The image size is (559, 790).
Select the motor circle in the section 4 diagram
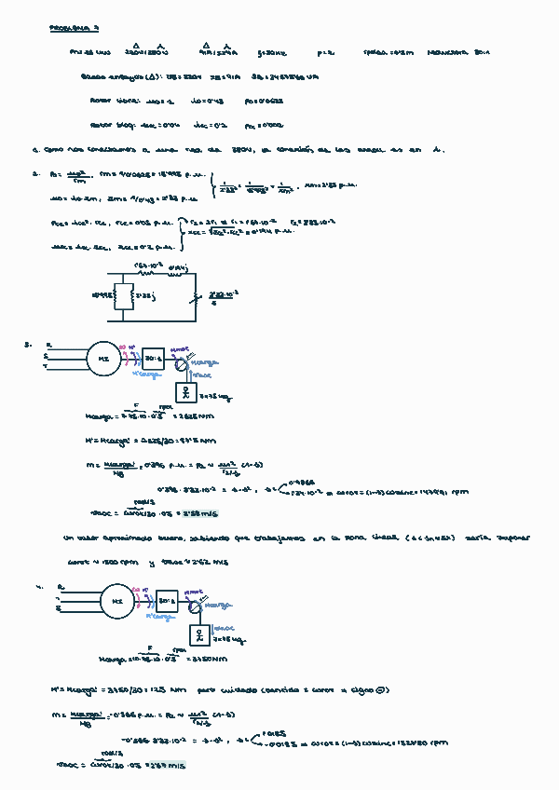click(x=117, y=601)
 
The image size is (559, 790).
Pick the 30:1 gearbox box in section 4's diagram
click(x=168, y=601)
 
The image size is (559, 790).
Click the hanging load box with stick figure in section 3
click(x=188, y=390)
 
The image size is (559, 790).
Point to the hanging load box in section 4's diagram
click(x=200, y=635)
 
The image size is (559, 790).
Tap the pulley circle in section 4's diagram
click(x=195, y=608)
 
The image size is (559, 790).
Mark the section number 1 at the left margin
click(x=34, y=148)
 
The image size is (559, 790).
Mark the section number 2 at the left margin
click(x=34, y=172)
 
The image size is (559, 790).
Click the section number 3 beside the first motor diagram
click(x=29, y=345)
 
